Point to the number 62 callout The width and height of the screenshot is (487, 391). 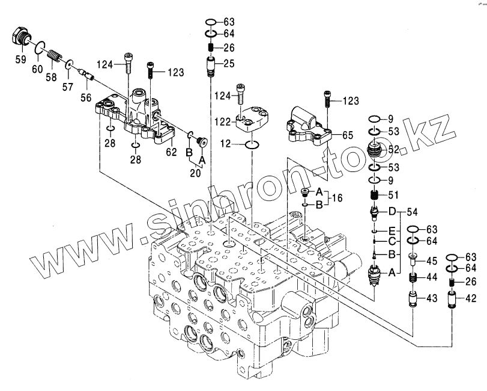click(x=171, y=152)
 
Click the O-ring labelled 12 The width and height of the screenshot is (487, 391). click(x=253, y=144)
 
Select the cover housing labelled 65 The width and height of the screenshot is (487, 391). click(x=310, y=125)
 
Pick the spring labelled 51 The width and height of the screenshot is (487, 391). click(x=375, y=195)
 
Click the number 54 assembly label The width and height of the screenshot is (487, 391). click(x=411, y=211)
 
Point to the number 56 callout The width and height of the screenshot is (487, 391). click(x=86, y=96)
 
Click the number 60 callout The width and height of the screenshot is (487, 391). click(x=37, y=69)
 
